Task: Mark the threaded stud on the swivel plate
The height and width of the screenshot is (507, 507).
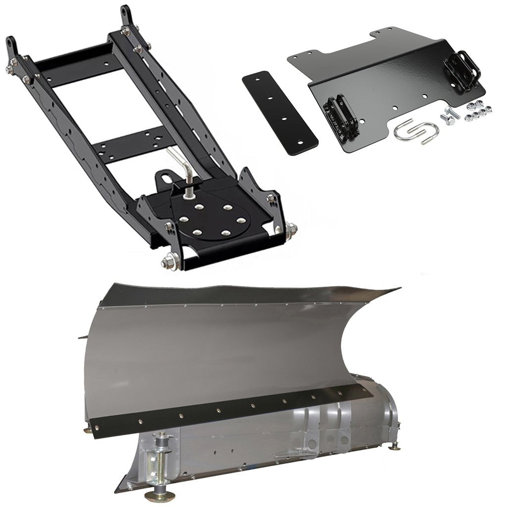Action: [189, 191]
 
